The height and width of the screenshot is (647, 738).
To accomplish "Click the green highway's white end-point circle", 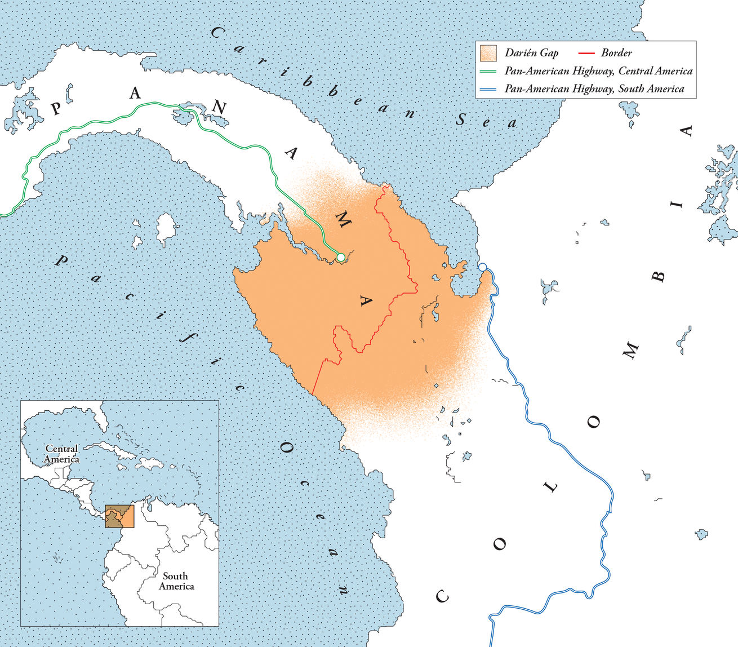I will tap(340, 258).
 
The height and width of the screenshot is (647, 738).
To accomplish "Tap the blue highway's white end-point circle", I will tap(482, 267).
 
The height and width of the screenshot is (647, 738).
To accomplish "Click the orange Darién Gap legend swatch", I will tap(487, 53).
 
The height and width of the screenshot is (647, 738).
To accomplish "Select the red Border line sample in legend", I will tap(587, 53).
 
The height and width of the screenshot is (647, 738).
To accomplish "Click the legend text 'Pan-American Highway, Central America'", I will tap(598, 71).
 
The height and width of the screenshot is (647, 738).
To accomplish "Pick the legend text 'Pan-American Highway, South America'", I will tap(594, 89).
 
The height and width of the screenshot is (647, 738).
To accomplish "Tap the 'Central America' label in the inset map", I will tap(61, 454).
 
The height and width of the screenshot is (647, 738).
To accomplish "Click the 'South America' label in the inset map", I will tap(176, 581).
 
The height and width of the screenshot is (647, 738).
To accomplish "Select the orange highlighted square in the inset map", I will tap(120, 516).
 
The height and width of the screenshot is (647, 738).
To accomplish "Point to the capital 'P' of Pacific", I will tap(62, 260).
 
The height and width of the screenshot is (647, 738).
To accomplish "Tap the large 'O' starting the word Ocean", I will tap(287, 448).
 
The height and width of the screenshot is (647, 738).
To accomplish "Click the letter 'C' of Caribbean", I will tap(217, 33).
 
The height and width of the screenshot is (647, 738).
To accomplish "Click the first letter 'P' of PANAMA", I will tap(56, 108).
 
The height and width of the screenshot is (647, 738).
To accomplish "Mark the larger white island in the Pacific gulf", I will tap(166, 228).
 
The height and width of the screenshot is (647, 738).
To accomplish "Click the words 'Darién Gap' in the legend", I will tap(531, 53).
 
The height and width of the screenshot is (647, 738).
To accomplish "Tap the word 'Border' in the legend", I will tap(616, 53).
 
